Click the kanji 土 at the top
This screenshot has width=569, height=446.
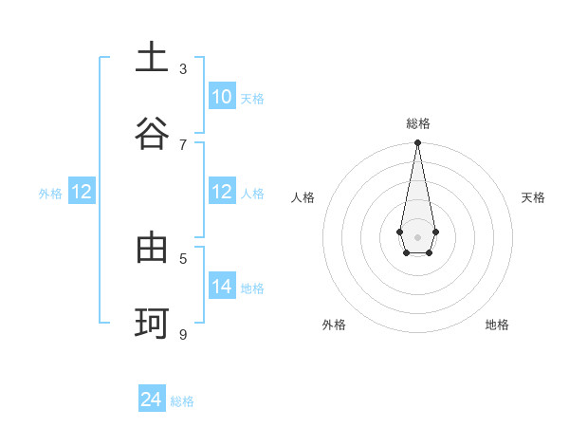(x=152, y=58)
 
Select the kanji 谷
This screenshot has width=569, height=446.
(x=152, y=134)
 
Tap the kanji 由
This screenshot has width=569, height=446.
(x=152, y=248)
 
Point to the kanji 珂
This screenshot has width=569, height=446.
(x=152, y=324)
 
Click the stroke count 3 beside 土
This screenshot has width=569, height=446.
(x=183, y=68)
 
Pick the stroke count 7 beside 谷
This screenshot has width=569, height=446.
(x=183, y=144)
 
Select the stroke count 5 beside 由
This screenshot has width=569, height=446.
(x=183, y=258)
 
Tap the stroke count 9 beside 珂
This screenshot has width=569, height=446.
(x=183, y=334)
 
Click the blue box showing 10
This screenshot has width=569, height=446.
(x=221, y=97)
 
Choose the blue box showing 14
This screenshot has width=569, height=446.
(x=221, y=287)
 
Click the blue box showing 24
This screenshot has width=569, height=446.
(x=152, y=400)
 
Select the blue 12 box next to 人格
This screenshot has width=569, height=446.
(x=221, y=192)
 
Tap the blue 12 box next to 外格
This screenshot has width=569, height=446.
(x=82, y=192)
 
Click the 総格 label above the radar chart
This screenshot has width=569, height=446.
(x=417, y=123)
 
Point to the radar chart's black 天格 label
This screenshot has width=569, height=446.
(x=533, y=197)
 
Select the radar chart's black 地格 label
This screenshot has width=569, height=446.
(x=497, y=325)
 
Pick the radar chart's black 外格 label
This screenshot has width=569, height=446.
(x=334, y=325)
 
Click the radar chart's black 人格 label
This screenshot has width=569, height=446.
(x=303, y=197)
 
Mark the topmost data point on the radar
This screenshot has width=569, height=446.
(x=417, y=143)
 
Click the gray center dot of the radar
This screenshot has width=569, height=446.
(x=417, y=236)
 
